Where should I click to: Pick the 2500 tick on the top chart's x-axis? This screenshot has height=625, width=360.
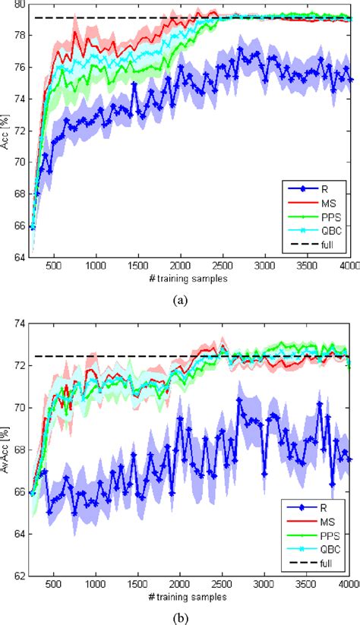tap(222, 267)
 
